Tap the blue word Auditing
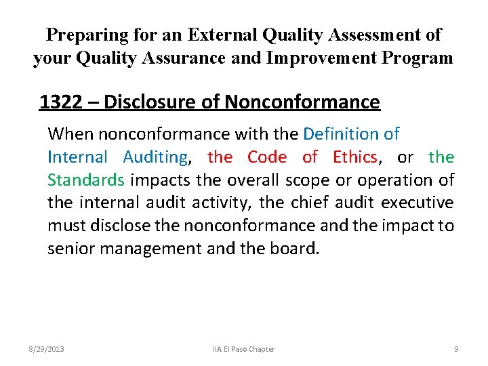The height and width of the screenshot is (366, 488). (156, 157)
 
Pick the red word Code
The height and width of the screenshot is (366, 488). (266, 157)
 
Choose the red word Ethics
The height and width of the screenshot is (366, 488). (354, 157)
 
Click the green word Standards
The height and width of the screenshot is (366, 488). (86, 180)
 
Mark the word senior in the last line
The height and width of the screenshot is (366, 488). (70, 249)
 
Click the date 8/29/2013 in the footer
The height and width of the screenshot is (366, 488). (46, 349)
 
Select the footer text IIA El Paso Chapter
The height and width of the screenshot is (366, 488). (243, 349)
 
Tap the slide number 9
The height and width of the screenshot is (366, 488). (456, 349)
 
